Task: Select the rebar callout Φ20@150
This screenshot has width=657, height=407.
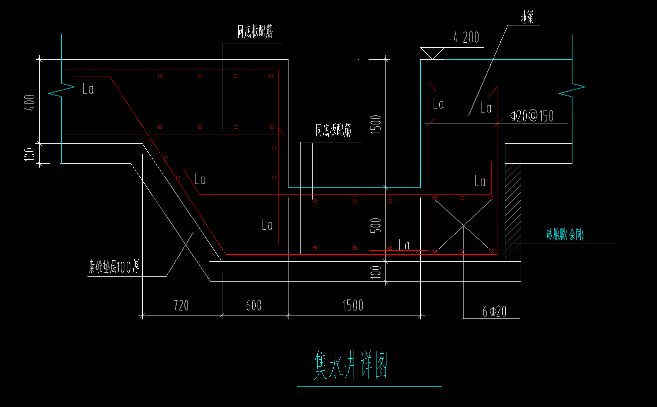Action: (x=532, y=116)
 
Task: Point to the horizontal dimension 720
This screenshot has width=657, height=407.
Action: (x=181, y=305)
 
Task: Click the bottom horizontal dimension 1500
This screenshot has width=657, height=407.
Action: (x=353, y=305)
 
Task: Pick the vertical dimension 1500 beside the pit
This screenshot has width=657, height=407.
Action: (x=377, y=124)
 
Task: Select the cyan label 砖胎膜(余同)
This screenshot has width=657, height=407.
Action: (x=565, y=235)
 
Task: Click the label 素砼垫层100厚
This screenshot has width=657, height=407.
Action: (x=114, y=268)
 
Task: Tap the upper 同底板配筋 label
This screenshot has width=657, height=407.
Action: (x=255, y=32)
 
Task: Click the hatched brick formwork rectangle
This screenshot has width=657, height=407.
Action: (x=513, y=211)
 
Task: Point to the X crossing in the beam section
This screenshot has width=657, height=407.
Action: (x=463, y=225)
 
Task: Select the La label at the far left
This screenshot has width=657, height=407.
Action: (x=88, y=90)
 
